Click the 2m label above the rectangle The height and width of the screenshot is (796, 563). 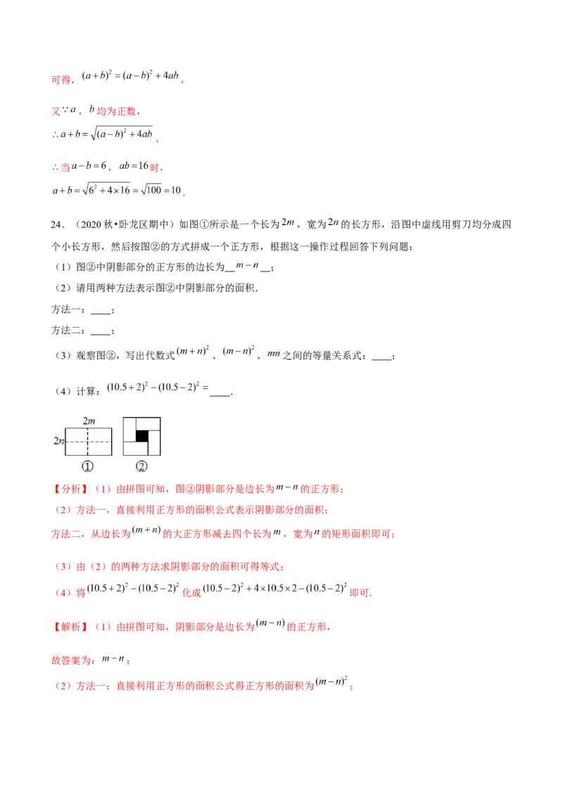89,421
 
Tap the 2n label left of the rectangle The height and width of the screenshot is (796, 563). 59,441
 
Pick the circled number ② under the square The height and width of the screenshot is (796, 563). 141,466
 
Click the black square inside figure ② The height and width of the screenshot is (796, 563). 141,437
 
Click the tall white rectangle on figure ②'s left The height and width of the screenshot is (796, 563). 129,430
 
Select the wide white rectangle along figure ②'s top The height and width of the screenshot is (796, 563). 148,423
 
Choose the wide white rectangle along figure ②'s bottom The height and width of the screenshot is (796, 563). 136,449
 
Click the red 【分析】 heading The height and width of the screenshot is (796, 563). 69,489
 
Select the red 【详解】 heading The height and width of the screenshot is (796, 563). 69,627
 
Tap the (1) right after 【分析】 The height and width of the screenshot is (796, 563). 101,489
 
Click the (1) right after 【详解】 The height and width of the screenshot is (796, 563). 101,627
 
